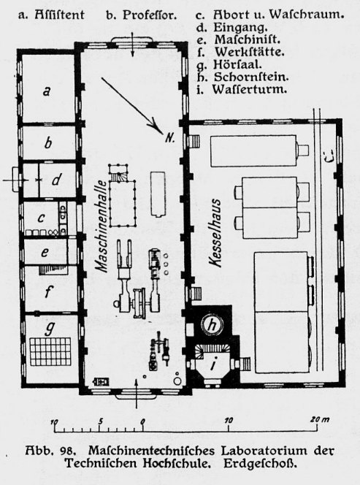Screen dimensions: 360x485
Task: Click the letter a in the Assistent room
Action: [x=47, y=91]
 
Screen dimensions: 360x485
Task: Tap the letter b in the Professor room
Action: [x=48, y=143]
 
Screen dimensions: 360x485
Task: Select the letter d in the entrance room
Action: [x=56, y=180]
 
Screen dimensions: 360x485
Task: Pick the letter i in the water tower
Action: [x=212, y=365]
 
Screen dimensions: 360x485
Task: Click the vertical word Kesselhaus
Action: [x=215, y=232]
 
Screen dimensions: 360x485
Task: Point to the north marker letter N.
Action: [x=170, y=138]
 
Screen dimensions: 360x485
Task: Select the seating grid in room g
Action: [x=50, y=351]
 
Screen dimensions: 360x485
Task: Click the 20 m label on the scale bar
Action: [x=320, y=420]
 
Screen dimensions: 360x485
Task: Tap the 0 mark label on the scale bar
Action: [x=142, y=421]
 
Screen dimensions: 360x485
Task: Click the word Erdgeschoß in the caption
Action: [x=260, y=463]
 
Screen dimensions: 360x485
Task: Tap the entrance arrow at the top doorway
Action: [x=132, y=45]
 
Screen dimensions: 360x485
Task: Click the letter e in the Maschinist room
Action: [x=45, y=253]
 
